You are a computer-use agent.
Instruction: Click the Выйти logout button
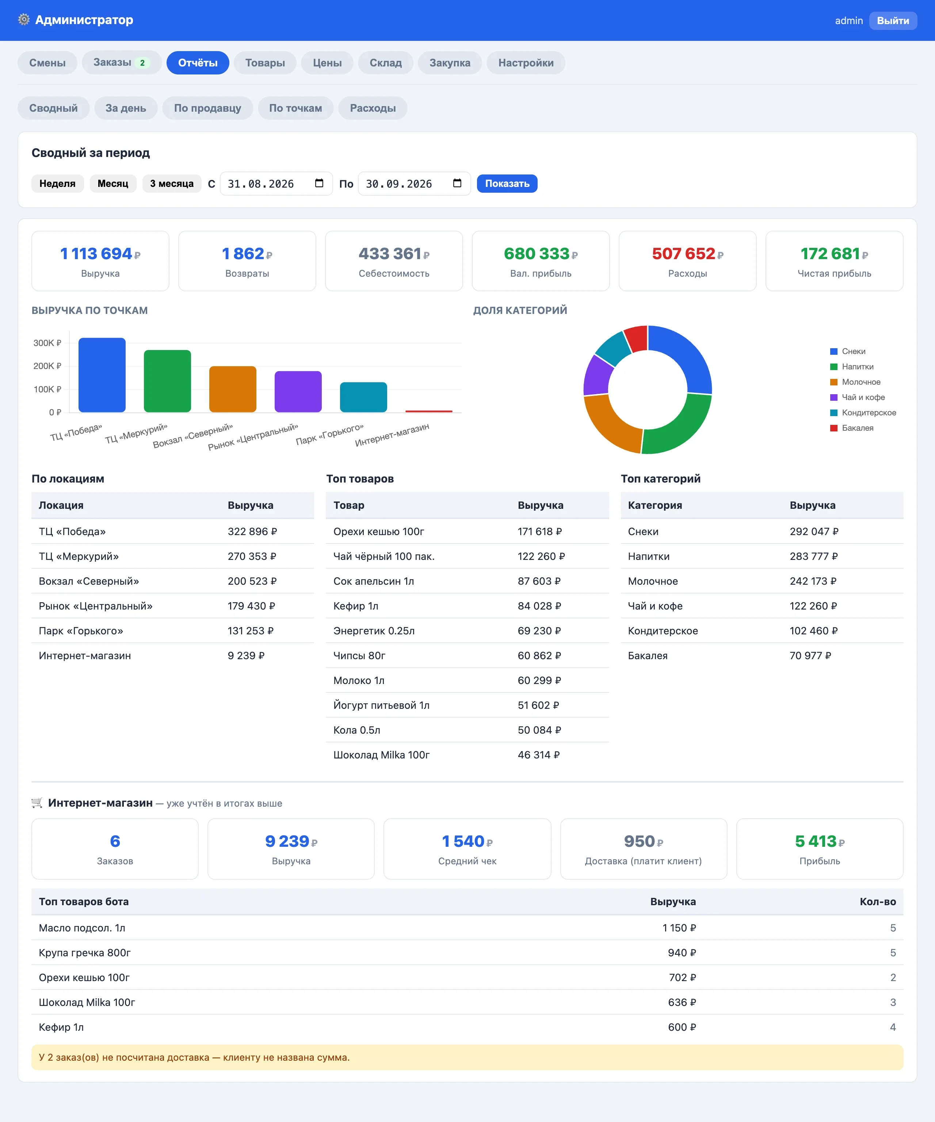point(893,20)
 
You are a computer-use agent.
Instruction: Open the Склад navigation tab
point(385,62)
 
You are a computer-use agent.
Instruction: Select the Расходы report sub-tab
point(373,108)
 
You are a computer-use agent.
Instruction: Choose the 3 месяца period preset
point(172,183)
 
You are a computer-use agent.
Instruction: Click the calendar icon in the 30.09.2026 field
point(457,183)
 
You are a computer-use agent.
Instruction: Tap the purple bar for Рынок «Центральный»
point(298,392)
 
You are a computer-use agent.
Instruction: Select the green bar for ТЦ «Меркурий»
point(167,381)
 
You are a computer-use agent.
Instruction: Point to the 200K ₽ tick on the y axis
point(47,366)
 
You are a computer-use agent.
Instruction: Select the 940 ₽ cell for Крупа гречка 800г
point(682,953)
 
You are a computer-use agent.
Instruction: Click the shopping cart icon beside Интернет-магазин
point(37,803)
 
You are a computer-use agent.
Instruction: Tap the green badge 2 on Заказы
point(142,62)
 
